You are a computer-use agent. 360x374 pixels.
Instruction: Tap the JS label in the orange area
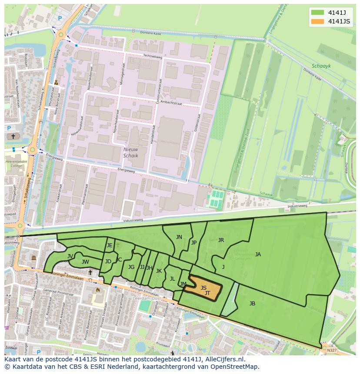203,288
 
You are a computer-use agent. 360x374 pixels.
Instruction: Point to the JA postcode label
258,255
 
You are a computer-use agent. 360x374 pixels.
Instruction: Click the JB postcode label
252,304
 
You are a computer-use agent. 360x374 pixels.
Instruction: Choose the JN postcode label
179,237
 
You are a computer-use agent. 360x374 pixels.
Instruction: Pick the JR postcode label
221,240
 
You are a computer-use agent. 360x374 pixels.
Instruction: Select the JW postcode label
85,262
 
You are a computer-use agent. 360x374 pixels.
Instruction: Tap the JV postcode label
70,256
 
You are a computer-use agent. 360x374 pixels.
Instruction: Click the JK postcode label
159,271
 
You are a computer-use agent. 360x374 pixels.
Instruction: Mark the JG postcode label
131,267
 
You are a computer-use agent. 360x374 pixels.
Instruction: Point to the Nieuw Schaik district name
130,152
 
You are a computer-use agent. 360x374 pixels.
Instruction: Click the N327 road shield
332,350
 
